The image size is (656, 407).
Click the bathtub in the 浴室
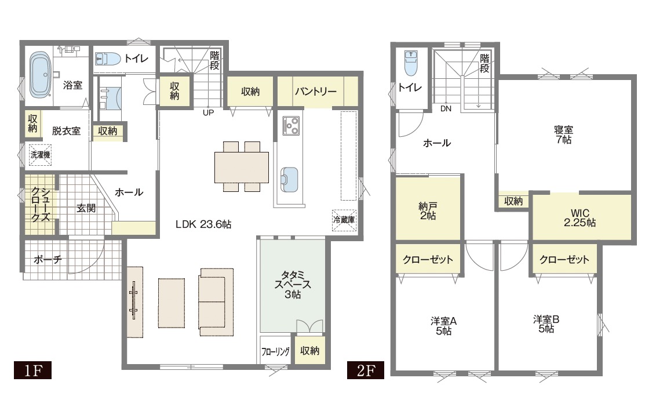pyautogui.click(x=41, y=75)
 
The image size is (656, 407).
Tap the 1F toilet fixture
pyautogui.click(x=107, y=59)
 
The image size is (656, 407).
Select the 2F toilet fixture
pyautogui.click(x=411, y=62)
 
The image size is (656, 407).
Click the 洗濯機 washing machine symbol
pyautogui.click(x=40, y=155)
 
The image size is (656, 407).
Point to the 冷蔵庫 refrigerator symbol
pyautogui.click(x=344, y=220)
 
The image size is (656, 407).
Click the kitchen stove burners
pyautogui.click(x=291, y=126)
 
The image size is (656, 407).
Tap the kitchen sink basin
pyautogui.click(x=289, y=180)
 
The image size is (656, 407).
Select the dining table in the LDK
pyautogui.click(x=242, y=167)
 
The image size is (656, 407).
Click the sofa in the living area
pyautogui.click(x=216, y=302)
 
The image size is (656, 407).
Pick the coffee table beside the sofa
pyautogui.click(x=172, y=303)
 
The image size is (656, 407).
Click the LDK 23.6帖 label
pyautogui.click(x=203, y=224)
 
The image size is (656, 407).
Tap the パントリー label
pyautogui.click(x=315, y=91)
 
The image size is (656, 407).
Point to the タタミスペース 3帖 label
pyautogui.click(x=293, y=285)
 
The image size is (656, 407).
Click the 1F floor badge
pyautogui.click(x=32, y=370)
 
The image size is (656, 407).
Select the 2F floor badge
pyautogui.click(x=365, y=370)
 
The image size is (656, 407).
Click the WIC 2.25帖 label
pyautogui.click(x=580, y=218)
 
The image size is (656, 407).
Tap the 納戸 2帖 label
pyautogui.click(x=428, y=210)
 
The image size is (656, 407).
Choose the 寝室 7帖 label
pyautogui.click(x=563, y=135)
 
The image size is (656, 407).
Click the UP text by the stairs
pyautogui.click(x=209, y=112)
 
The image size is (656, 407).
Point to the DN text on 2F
pyautogui.click(x=446, y=109)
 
